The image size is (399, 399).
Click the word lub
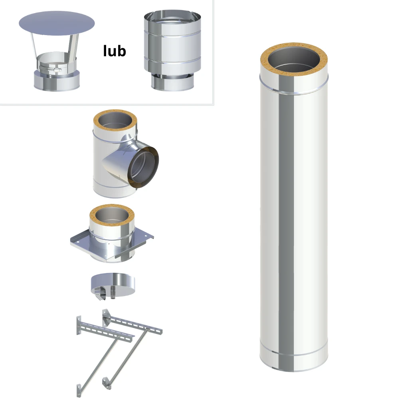coord(115,51)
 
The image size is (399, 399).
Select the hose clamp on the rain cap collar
coord(50,69)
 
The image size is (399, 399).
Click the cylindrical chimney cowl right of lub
coord(172,50)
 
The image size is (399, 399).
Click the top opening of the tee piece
coord(115,120)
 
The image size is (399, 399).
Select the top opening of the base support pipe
coord(112,215)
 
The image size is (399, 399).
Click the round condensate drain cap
coord(113,284)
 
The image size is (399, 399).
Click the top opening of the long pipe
coord(294,59)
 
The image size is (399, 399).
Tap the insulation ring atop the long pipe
coord(294,59)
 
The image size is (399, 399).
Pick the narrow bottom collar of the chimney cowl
coord(172,82)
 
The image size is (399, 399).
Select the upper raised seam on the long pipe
coord(294,87)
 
